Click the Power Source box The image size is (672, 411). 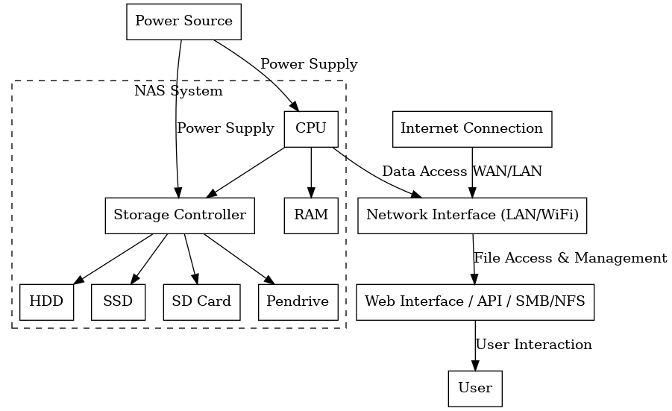tap(183, 21)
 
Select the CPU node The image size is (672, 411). tap(310, 128)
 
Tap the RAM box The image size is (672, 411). tap(310, 216)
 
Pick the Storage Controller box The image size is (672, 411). tap(179, 216)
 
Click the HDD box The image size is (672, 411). tap(46, 302)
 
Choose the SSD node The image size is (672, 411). tap(118, 302)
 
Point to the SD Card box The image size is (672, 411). tap(201, 302)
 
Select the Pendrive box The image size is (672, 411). tap(298, 302)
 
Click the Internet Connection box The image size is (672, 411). tap(471, 128)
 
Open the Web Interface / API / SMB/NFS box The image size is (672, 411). tap(474, 302)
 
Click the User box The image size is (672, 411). tap(475, 389)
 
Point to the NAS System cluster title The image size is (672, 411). tap(178, 92)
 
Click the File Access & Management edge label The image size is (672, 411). tap(570, 258)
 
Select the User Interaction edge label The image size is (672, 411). tap(533, 345)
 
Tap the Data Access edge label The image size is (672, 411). tap(424, 172)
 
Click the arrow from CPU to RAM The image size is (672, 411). tap(310, 172)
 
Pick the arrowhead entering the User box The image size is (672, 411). tap(475, 365)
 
